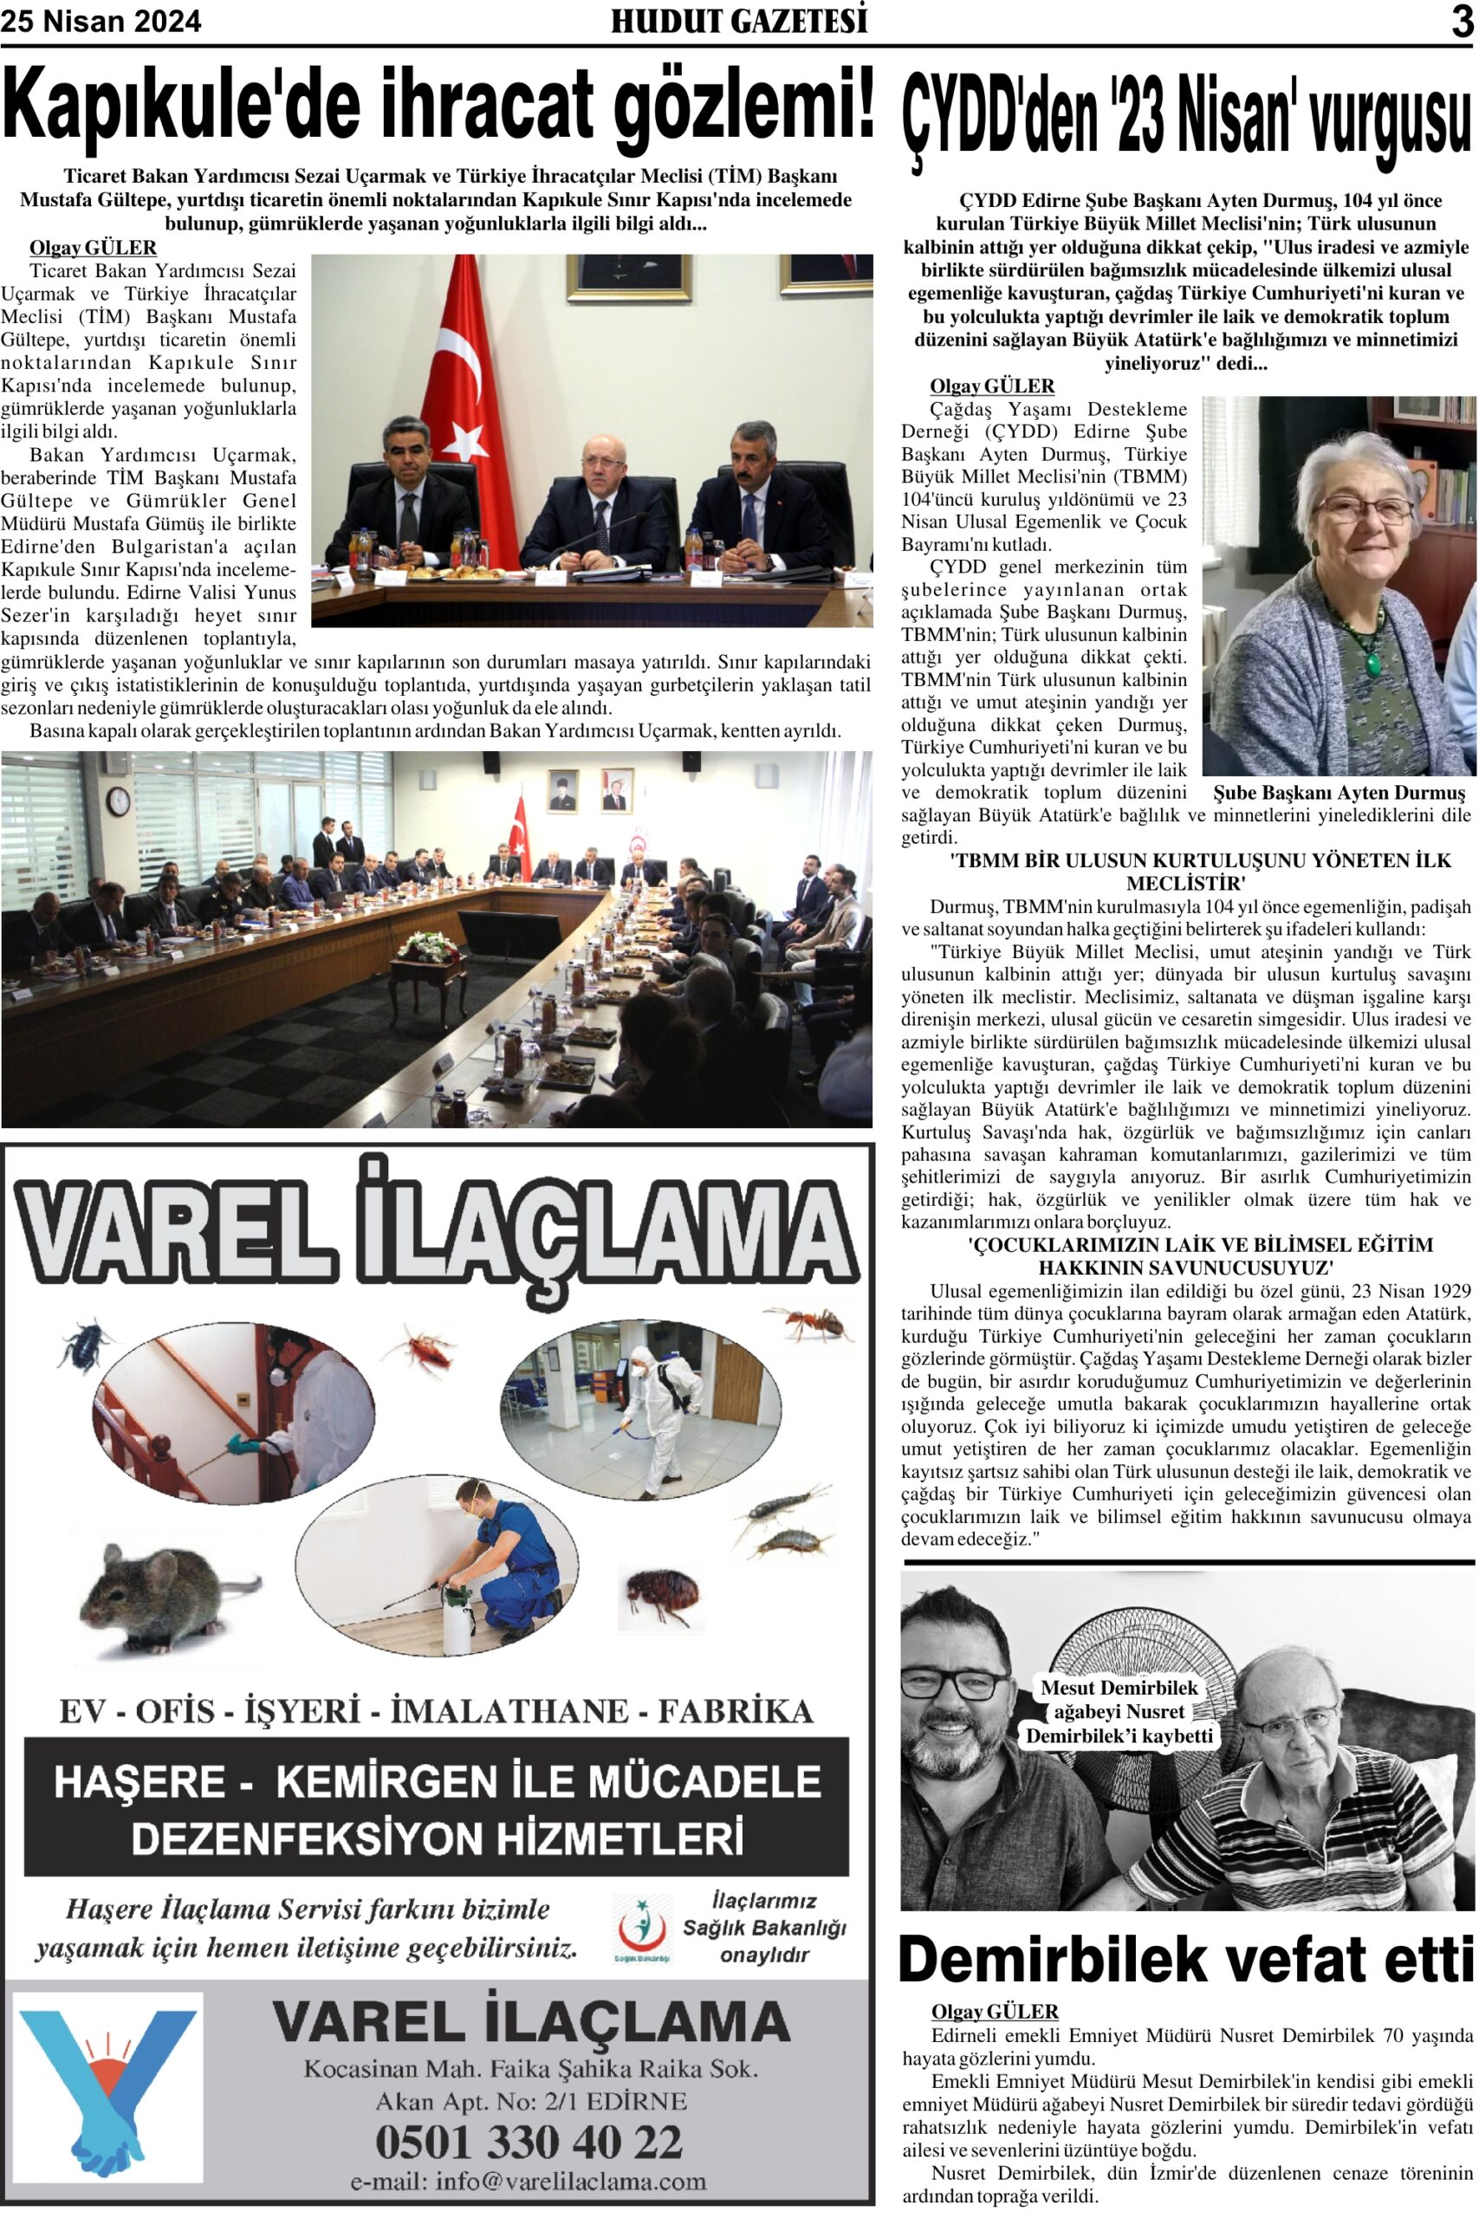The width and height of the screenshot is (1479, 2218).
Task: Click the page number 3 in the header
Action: coord(1461,22)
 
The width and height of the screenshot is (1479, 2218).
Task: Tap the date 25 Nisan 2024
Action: coord(101,22)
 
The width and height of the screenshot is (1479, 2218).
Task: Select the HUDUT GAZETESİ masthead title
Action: coord(738,22)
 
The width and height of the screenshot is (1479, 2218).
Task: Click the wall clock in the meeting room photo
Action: coord(118,801)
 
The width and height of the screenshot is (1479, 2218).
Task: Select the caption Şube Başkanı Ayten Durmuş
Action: coord(1339,793)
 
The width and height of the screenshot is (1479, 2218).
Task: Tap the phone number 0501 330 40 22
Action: coord(529,2141)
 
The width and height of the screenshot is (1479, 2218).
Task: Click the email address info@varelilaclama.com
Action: coord(529,2182)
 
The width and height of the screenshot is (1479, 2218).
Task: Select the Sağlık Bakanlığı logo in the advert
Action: coord(642,1929)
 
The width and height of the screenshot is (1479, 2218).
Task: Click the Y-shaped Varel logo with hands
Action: coord(108,2087)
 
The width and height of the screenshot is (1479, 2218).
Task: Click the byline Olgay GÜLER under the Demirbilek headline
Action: coord(994,2012)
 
